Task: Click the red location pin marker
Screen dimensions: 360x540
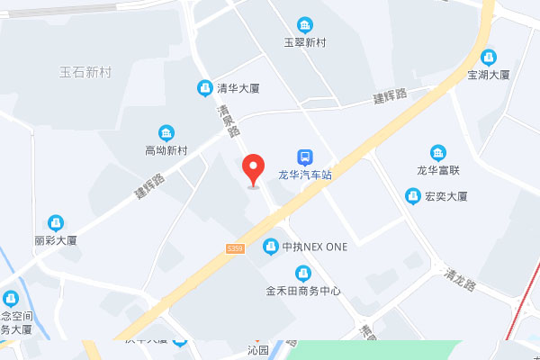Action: [x=253, y=168]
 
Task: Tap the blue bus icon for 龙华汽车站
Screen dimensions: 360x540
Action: [x=305, y=157]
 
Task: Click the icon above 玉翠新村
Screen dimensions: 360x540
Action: [x=305, y=23]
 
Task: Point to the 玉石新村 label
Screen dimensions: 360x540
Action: [x=85, y=72]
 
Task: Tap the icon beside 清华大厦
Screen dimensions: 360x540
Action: [x=204, y=87]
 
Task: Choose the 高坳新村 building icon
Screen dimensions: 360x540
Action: [x=166, y=132]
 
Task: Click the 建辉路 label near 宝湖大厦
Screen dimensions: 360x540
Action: [x=391, y=96]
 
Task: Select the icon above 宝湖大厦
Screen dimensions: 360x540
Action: [x=489, y=56]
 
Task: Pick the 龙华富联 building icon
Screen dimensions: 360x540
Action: [x=438, y=151]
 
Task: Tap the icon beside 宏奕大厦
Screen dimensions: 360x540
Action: [x=412, y=195]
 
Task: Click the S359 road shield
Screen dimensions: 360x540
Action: [x=236, y=247]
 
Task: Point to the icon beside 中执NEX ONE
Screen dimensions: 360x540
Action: [x=270, y=246]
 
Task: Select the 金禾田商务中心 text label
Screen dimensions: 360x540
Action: [x=303, y=291]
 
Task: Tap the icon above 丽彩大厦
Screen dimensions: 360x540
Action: [x=56, y=221]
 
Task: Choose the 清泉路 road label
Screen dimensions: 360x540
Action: [x=229, y=120]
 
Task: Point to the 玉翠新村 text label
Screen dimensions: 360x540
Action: [x=305, y=41]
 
